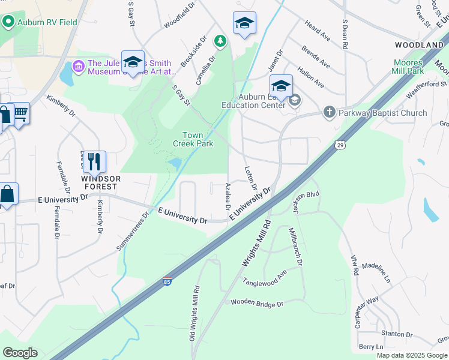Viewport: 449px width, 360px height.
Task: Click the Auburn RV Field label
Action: pyautogui.click(x=48, y=22)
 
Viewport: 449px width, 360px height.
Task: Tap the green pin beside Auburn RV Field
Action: pyautogui.click(x=8, y=22)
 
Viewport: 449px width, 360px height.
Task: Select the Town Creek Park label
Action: pyautogui.click(x=193, y=139)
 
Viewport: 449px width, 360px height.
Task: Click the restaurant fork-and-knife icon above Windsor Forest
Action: pyautogui.click(x=94, y=161)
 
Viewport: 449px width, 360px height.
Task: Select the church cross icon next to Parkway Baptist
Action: pyautogui.click(x=328, y=112)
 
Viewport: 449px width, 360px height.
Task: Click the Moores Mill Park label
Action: pyautogui.click(x=409, y=67)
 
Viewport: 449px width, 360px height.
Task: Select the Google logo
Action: pyautogui.click(x=20, y=352)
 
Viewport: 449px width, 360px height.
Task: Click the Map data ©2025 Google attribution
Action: pyautogui.click(x=412, y=355)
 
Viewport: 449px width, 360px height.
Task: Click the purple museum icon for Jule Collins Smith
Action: pyautogui.click(x=79, y=64)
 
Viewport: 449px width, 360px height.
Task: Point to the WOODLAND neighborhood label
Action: pyautogui.click(x=419, y=45)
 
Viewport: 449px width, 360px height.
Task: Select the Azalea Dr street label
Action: pyautogui.click(x=228, y=196)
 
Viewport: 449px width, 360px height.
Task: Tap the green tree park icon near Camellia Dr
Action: pyautogui.click(x=221, y=41)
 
